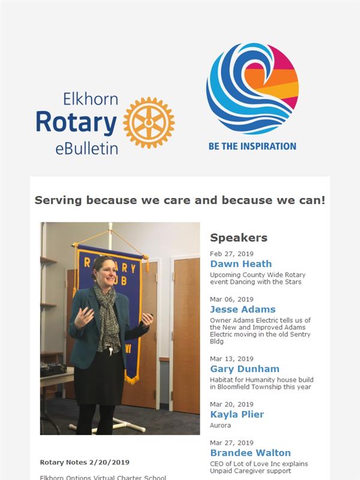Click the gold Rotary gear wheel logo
point(149,123)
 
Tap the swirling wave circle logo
point(253,89)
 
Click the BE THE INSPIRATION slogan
point(253,146)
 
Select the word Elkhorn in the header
point(91,99)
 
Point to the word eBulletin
point(86,148)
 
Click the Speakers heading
point(239,238)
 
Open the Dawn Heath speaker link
point(241,264)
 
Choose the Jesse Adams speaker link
point(243,310)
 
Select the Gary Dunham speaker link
point(245,369)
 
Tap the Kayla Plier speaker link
point(237,415)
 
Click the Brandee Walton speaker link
point(250,453)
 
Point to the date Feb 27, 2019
point(232,254)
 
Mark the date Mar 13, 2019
point(232,359)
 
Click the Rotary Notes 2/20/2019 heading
point(85,462)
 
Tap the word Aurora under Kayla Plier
point(220,425)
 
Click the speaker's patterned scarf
point(107,319)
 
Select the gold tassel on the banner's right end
point(146,263)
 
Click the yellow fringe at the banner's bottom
point(132,380)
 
